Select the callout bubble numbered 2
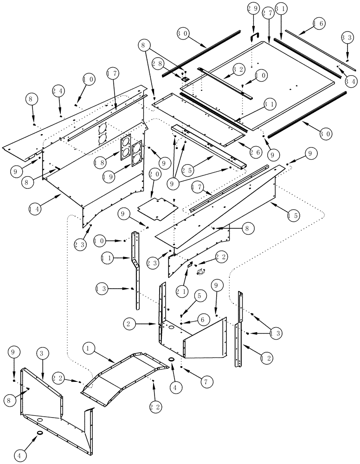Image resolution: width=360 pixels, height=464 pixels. coord(129,323)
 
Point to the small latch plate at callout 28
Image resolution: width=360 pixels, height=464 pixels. coord(184,78)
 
